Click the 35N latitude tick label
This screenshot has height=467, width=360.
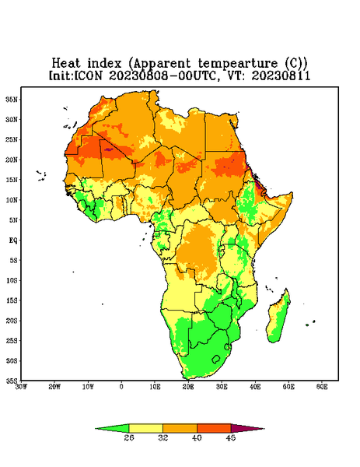click(12, 99)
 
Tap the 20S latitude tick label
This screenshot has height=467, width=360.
click(12, 321)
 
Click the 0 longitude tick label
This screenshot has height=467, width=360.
click(121, 387)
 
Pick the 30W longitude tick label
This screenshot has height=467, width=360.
click(21, 387)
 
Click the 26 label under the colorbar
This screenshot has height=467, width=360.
click(129, 437)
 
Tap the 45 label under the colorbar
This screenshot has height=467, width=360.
click(231, 437)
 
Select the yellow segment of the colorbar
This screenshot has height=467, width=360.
click(145, 428)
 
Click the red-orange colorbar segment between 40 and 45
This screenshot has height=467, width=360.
click(214, 428)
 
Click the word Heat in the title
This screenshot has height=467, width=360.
click(66, 64)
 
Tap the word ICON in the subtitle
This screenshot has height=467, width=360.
click(89, 75)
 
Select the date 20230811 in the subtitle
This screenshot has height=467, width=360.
click(281, 75)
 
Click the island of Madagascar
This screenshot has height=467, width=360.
click(278, 318)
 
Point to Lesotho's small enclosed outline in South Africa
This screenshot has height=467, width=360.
click(216, 359)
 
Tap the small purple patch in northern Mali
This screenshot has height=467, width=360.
click(108, 149)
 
